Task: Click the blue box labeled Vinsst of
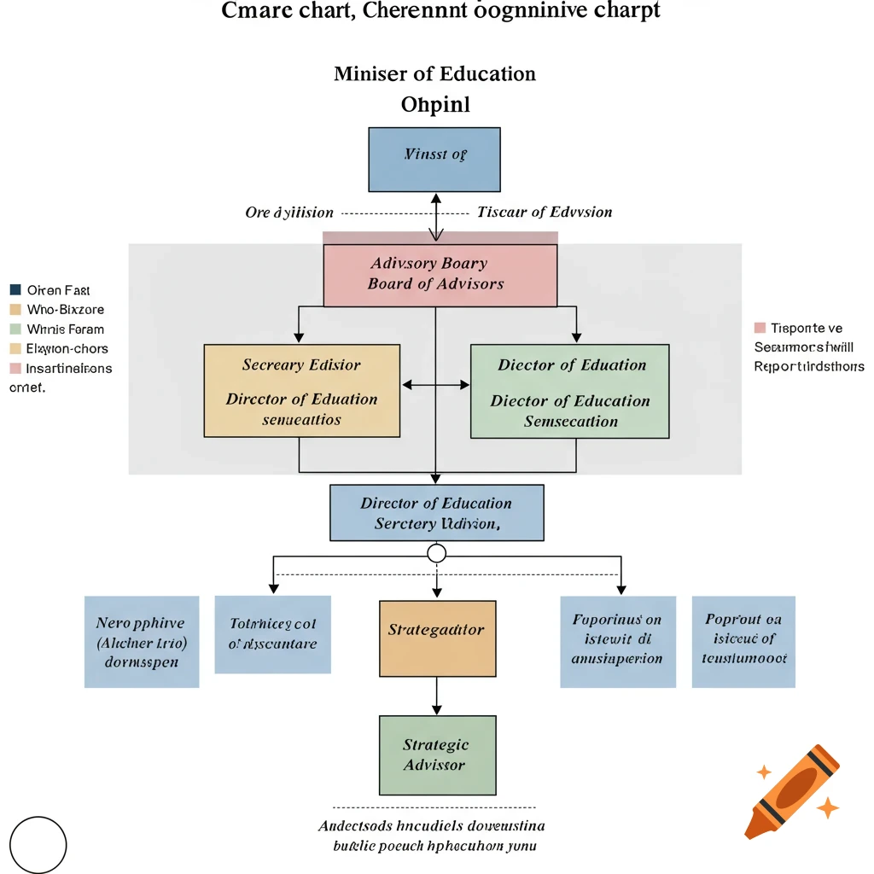click(434, 160)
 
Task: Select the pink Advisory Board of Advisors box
click(440, 275)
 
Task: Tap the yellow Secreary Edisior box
click(301, 391)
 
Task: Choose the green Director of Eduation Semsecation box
click(570, 392)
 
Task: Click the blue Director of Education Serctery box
click(436, 513)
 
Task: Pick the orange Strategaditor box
click(436, 638)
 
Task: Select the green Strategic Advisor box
click(436, 755)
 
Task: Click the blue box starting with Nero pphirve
click(142, 642)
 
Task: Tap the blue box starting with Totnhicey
click(272, 634)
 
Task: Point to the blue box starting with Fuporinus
click(617, 641)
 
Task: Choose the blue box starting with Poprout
click(743, 641)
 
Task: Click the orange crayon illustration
click(791, 790)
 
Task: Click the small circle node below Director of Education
click(436, 554)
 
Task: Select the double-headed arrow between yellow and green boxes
click(435, 385)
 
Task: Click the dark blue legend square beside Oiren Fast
click(15, 290)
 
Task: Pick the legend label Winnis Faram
click(65, 329)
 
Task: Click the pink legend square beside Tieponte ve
click(760, 328)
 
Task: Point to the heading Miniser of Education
click(434, 73)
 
